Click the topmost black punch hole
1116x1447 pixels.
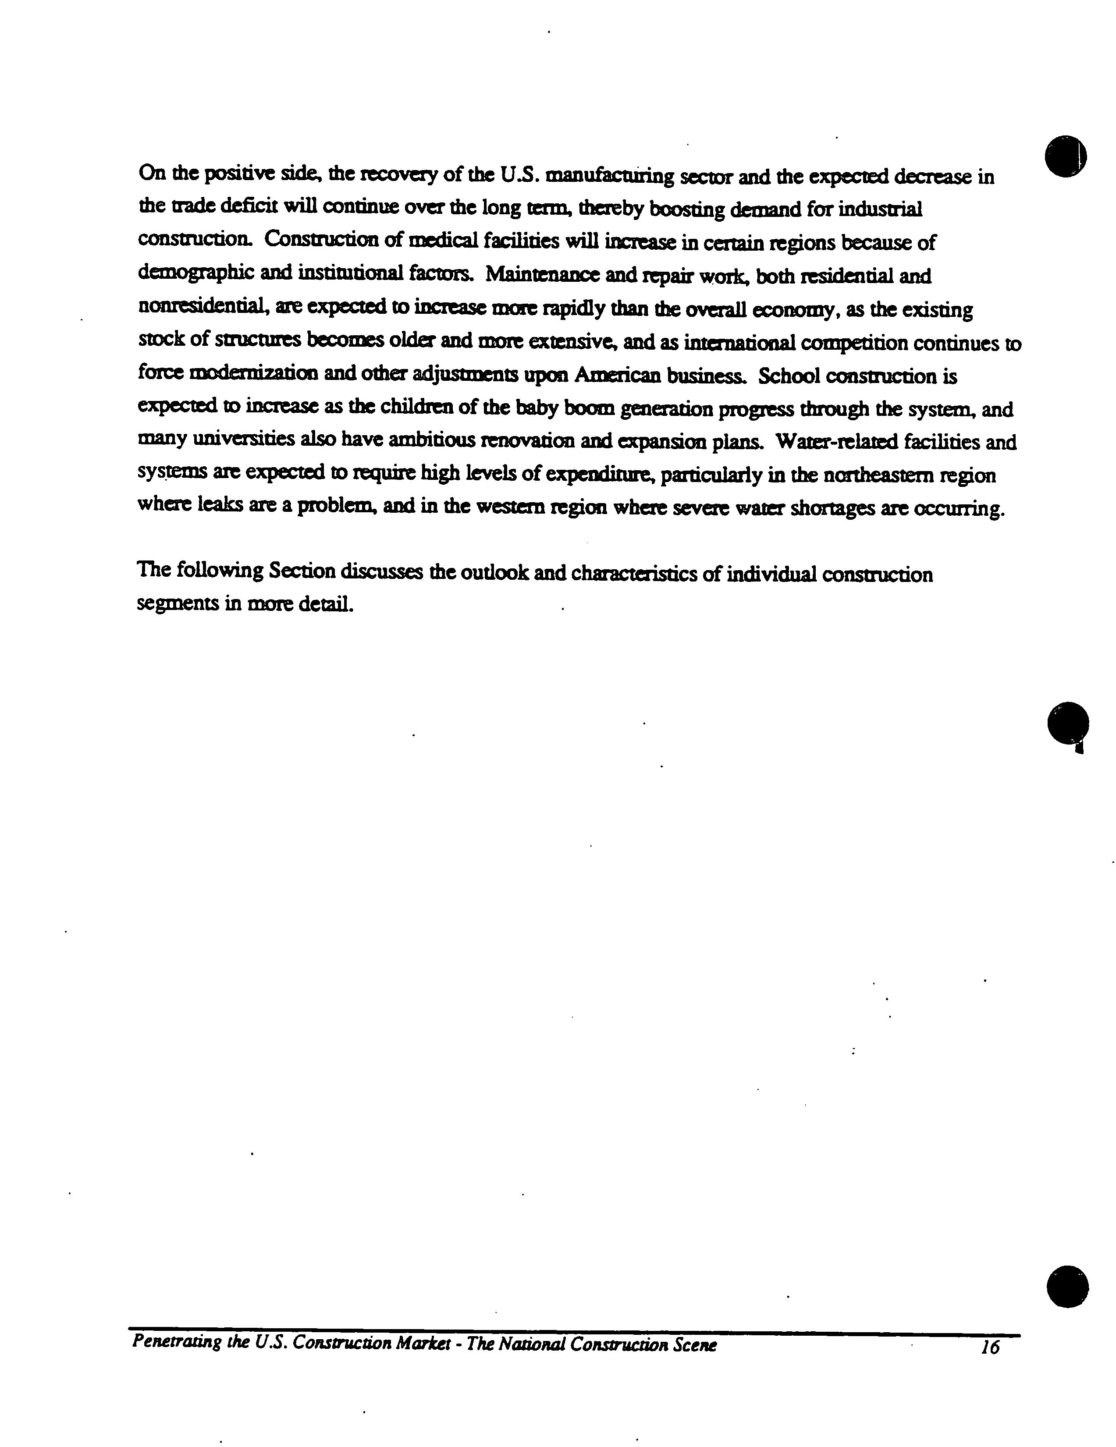point(1066,156)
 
